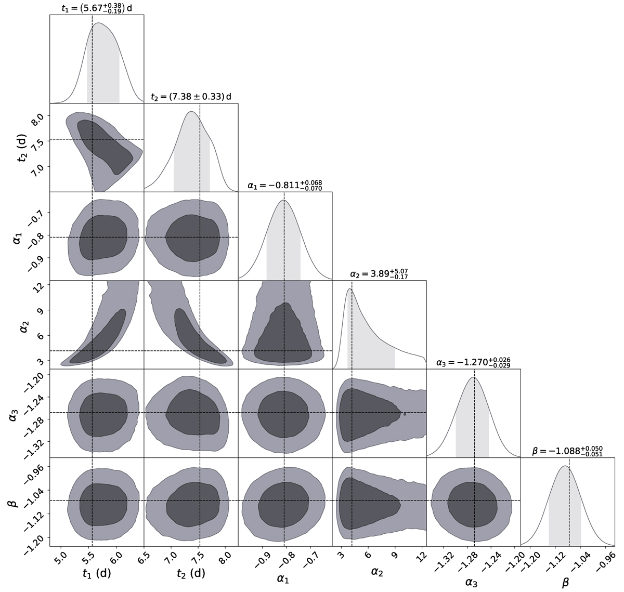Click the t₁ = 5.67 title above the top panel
(97, 8)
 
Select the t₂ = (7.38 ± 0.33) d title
(191, 97)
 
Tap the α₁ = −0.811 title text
(285, 185)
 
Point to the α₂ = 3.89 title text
(379, 273)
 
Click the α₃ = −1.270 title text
(473, 362)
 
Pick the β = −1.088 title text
(567, 451)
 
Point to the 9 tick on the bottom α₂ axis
(394, 555)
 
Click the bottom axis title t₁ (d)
(97, 573)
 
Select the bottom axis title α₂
(377, 572)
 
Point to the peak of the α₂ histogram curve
(349, 288)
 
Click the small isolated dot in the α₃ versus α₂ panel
(405, 414)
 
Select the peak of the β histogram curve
(565, 466)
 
